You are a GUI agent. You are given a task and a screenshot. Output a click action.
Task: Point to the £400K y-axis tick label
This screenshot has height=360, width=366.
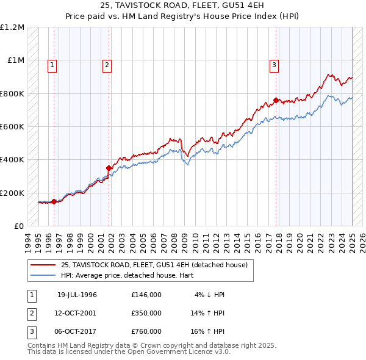pos(12,160)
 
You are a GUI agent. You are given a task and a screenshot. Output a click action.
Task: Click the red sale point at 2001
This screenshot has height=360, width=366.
pos(109,168)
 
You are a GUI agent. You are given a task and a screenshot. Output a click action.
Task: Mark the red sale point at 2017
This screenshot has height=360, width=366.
pos(276,100)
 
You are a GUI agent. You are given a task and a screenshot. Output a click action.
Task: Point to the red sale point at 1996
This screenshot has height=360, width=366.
pos(54,201)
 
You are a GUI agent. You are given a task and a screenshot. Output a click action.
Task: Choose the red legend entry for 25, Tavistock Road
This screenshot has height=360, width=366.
pos(154,265)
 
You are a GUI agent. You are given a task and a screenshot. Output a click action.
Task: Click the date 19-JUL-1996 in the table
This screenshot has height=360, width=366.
pos(77,295)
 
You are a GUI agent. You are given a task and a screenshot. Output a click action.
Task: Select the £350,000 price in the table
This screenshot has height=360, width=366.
pos(146,313)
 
